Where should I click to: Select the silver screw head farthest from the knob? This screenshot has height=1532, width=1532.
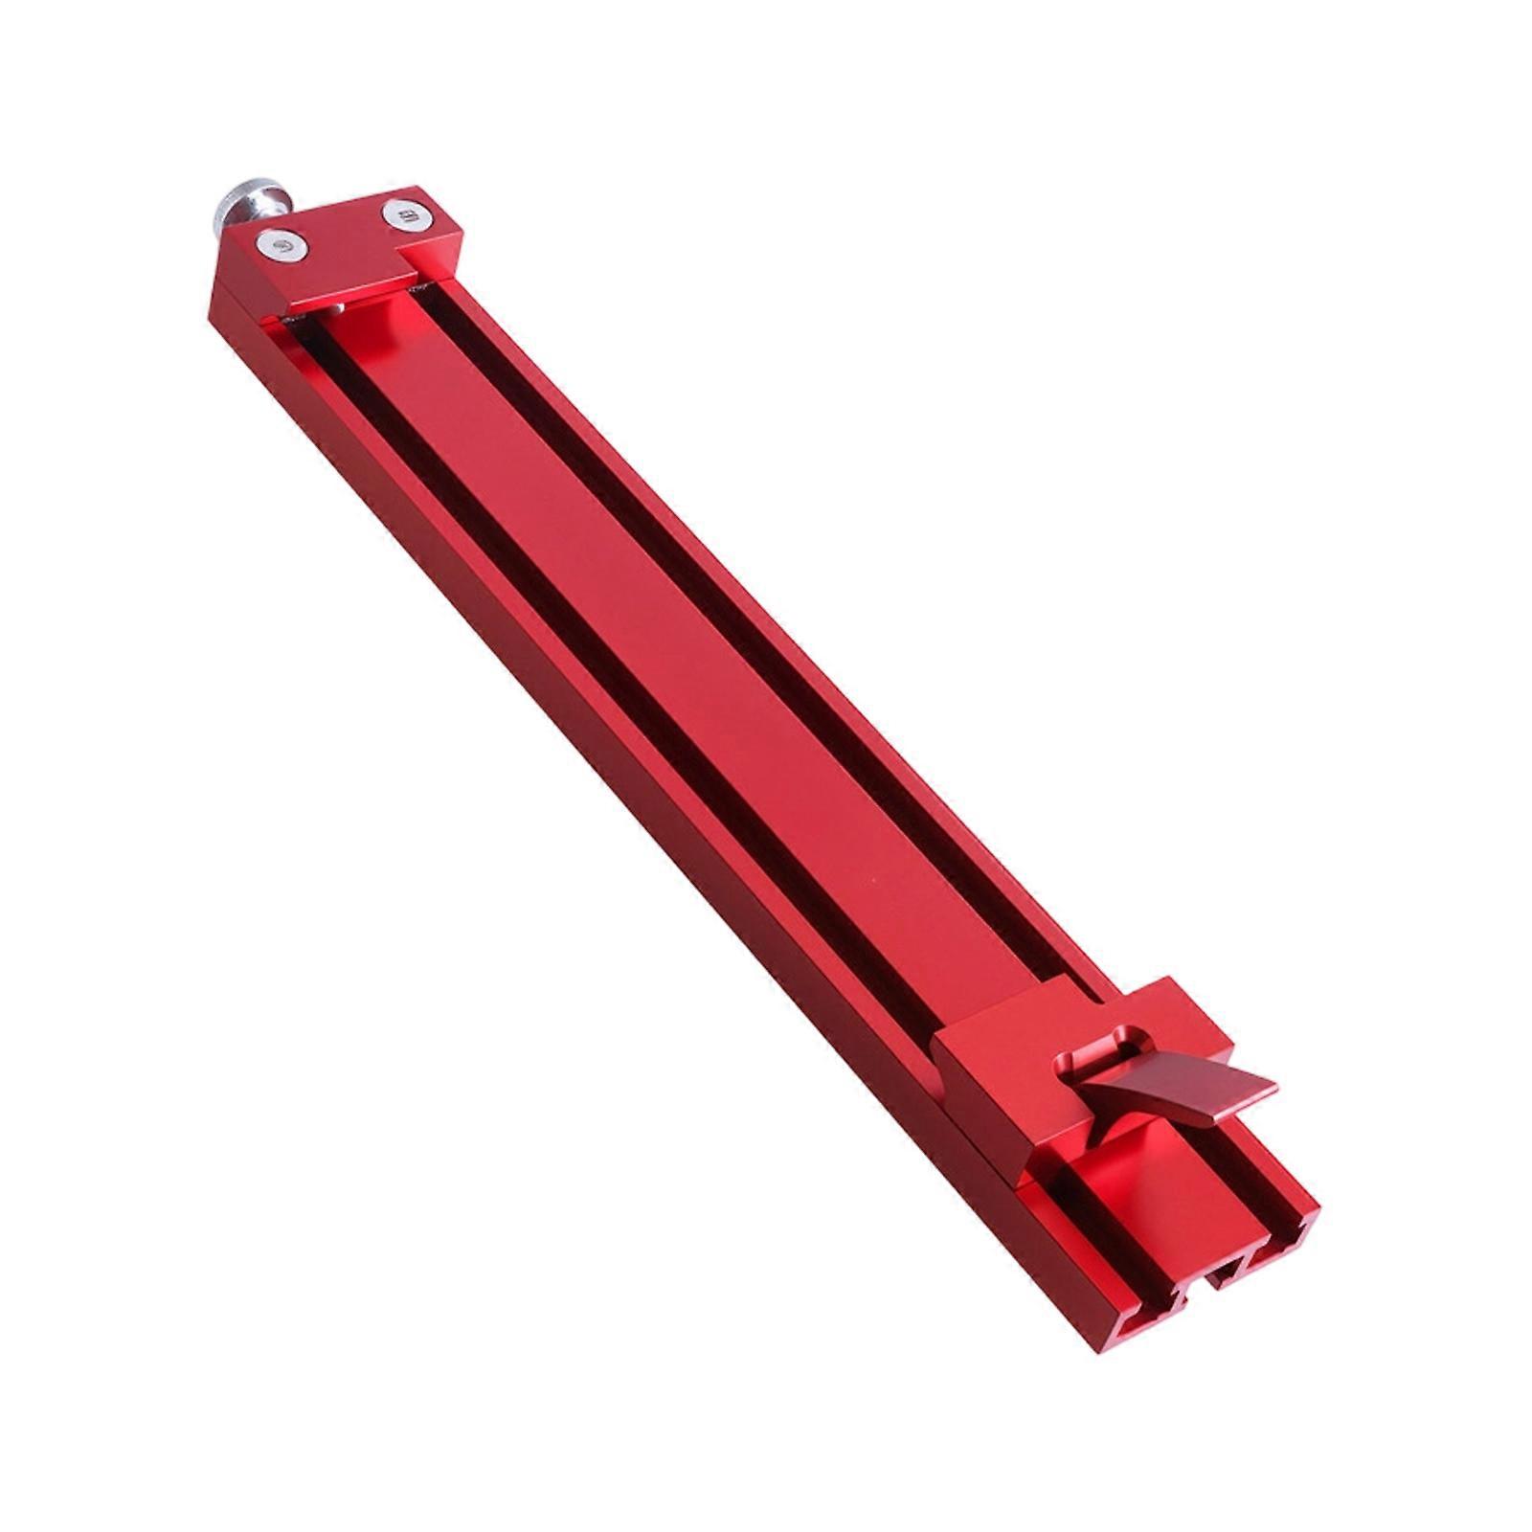[403, 214]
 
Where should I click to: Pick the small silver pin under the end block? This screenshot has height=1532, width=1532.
[337, 308]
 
